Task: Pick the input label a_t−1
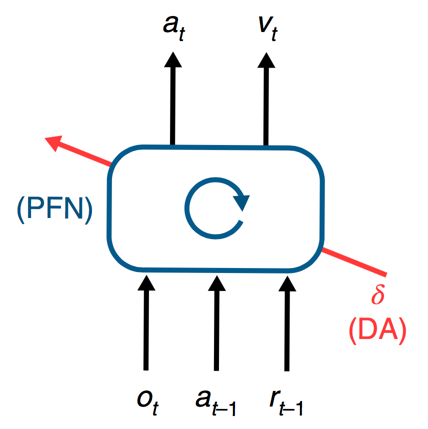coord(215,402)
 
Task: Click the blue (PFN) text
coord(54,209)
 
